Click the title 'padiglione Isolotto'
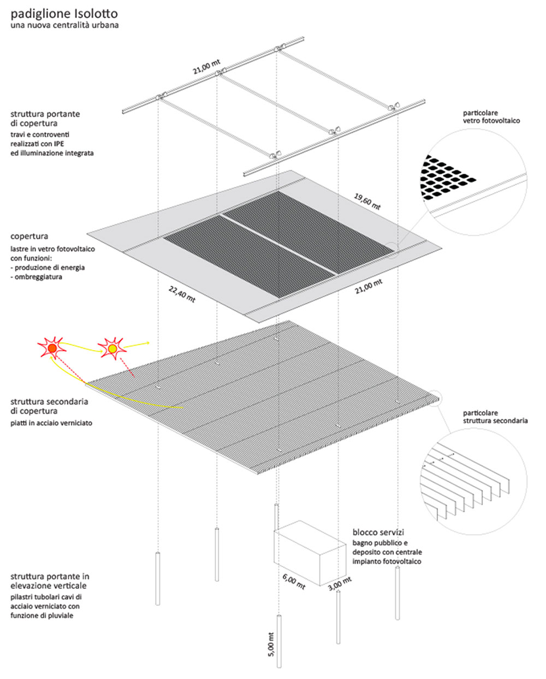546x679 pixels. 64,13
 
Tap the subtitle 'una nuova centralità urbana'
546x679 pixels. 64,25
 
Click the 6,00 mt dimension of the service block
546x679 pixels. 294,581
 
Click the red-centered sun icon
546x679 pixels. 52,347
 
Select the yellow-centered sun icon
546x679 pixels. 112,348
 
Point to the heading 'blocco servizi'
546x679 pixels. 378,532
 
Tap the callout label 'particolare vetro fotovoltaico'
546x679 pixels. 491,117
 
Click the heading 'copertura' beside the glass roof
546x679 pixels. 29,237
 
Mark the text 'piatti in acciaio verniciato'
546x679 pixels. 51,423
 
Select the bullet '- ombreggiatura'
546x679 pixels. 36,277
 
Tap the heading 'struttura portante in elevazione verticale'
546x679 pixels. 50,581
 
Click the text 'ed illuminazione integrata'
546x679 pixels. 52,153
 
